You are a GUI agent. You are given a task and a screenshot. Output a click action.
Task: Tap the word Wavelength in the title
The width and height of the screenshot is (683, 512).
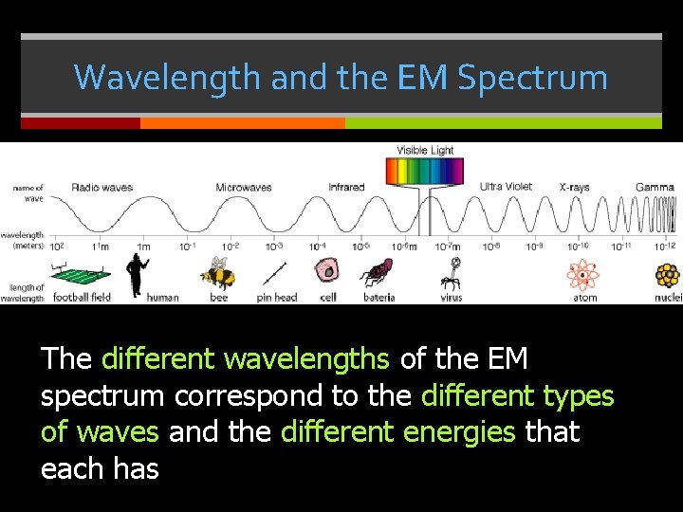pos(168,77)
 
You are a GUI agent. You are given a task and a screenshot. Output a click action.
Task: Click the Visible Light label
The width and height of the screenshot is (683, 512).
pos(425,150)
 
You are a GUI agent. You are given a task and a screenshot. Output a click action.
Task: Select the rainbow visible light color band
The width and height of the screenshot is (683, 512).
pos(424,171)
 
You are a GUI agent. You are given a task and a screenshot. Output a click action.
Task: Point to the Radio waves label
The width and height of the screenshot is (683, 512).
pos(102,187)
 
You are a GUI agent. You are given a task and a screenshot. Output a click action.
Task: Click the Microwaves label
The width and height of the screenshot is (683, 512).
pos(244,187)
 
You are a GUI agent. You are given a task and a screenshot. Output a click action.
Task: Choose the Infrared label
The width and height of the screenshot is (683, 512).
pos(346,187)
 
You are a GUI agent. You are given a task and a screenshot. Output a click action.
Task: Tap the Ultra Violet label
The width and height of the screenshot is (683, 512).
pos(506,187)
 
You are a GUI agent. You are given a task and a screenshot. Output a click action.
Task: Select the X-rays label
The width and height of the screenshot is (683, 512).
pos(574,187)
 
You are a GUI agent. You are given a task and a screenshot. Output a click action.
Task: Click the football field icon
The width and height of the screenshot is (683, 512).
pos(81,276)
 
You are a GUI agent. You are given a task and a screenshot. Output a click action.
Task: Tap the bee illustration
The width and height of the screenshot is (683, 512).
pos(217,273)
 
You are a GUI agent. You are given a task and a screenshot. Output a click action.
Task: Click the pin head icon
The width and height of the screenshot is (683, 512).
pos(276,275)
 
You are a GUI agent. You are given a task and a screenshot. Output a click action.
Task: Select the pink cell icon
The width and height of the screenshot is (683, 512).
pos(328,273)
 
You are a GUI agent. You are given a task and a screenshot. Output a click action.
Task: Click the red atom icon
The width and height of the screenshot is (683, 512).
pos(583,275)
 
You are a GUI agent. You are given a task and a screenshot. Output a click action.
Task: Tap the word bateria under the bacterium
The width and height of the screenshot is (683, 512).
pos(379,298)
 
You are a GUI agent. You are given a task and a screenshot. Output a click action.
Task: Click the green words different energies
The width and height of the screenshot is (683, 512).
pos(398,432)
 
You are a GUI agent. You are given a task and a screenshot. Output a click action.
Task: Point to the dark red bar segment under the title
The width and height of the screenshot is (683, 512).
pos(81,123)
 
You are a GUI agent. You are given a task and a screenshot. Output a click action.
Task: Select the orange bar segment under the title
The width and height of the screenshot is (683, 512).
pos(243,123)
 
